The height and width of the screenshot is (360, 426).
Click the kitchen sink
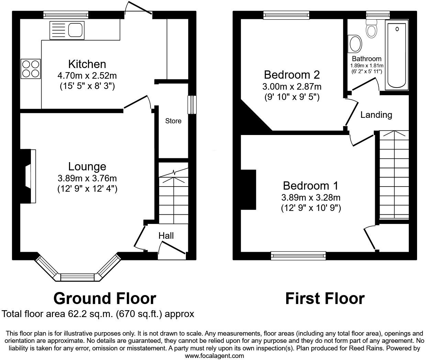point(76,29)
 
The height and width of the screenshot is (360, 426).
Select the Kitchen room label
point(87,64)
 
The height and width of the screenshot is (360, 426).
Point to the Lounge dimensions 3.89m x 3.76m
point(87,178)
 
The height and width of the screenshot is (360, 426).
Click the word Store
point(173,121)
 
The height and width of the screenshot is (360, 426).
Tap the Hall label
point(166,236)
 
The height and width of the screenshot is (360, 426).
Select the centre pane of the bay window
point(77,277)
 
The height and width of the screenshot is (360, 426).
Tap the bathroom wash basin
point(355,44)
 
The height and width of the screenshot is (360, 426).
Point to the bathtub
point(397,54)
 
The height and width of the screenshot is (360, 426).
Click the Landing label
point(376,115)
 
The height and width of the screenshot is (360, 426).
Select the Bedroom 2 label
point(292,75)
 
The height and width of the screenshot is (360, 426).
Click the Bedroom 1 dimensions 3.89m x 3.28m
point(311,198)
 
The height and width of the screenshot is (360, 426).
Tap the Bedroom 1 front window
point(298,255)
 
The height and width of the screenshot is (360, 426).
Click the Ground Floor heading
point(104,299)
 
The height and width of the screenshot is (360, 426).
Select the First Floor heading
point(325,299)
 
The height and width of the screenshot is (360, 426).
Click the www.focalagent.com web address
point(214,356)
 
